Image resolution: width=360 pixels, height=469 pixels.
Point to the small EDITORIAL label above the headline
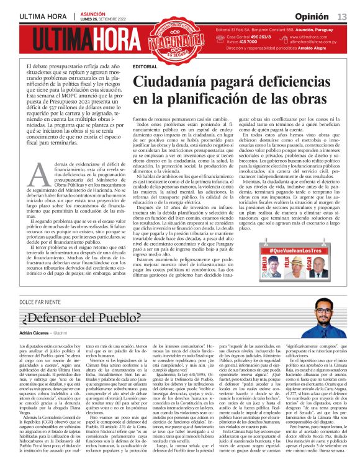click(x=145, y=66)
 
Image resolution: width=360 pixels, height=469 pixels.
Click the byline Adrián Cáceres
click(x=39, y=333)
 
